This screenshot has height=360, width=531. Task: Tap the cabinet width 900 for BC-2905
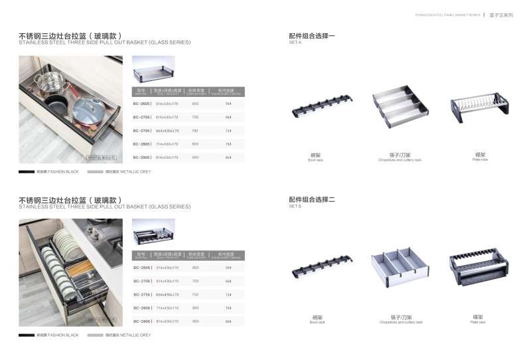[195, 157]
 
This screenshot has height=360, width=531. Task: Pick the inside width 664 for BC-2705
[228, 117]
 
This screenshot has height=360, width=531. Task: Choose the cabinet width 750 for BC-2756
[195, 294]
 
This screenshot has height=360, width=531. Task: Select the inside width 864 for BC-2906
[228, 321]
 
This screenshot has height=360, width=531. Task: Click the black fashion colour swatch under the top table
[27, 171]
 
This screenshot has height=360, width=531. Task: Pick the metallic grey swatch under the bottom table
[95, 335]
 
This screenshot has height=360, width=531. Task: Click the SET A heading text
[295, 43]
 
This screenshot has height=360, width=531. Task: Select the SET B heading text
[295, 207]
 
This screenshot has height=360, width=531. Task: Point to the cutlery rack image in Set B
[400, 269]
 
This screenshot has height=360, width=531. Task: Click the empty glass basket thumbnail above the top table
[153, 68]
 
